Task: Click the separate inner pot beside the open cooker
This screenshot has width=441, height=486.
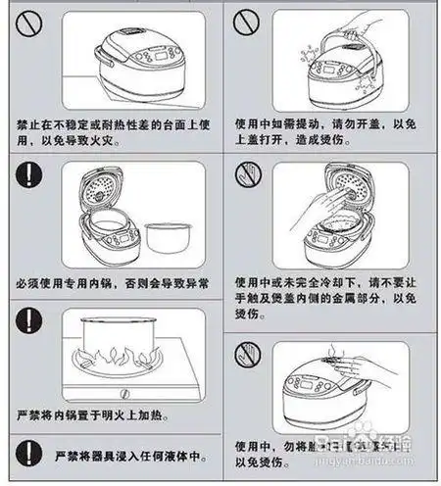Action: click(x=168, y=238)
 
